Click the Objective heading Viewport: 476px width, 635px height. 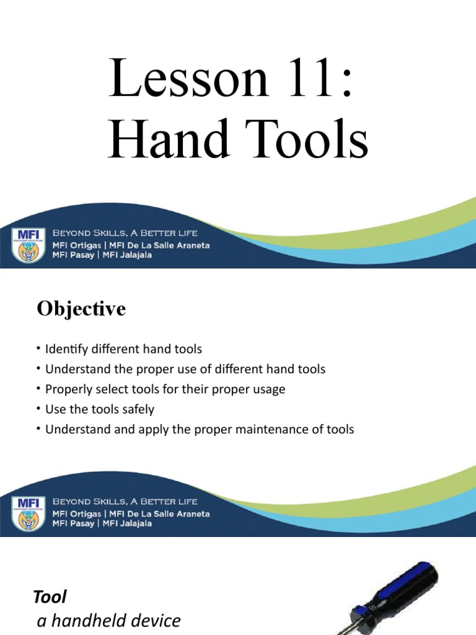81,309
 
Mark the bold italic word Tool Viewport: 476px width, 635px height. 50,597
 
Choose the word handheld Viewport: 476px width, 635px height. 87,621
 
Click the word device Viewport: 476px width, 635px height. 155,621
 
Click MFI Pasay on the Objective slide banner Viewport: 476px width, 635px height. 74,523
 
